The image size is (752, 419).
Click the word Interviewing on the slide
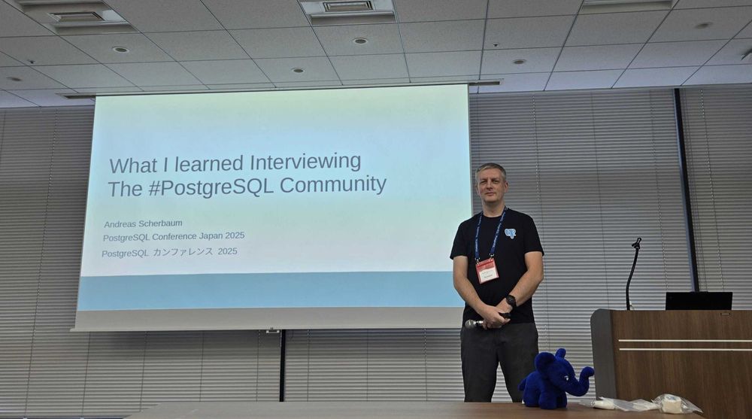click(x=305, y=163)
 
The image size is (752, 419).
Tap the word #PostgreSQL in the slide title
click(x=211, y=187)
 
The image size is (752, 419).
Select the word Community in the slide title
click(x=333, y=184)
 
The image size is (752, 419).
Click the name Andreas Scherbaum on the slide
click(x=143, y=224)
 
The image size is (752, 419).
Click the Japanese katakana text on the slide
click(x=183, y=252)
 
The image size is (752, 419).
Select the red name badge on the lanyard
click(x=487, y=270)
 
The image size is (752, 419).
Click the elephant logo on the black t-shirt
click(x=511, y=233)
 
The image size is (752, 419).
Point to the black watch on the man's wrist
click(x=511, y=301)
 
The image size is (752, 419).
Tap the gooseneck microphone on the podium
click(x=632, y=274)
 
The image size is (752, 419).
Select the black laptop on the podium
click(x=699, y=301)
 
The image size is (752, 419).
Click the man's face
click(x=491, y=185)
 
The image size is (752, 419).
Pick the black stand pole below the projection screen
click(x=283, y=366)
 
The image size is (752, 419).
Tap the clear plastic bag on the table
click(x=678, y=404)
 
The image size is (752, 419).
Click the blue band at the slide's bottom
click(x=270, y=291)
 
